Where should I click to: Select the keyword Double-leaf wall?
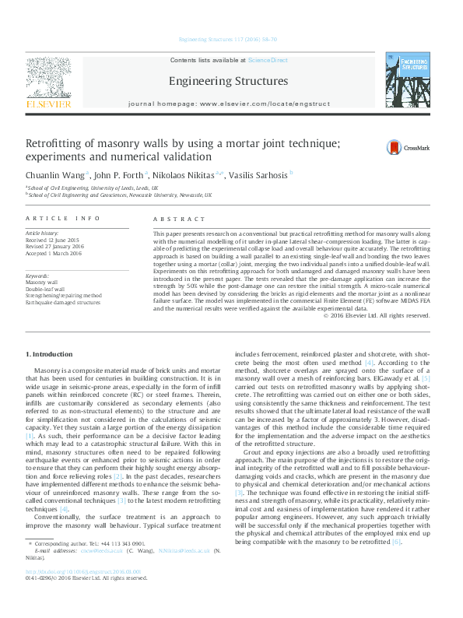[44, 289]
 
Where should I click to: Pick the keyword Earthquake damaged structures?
[63, 303]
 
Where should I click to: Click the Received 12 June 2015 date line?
[54, 240]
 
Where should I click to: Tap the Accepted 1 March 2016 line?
[54, 253]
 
